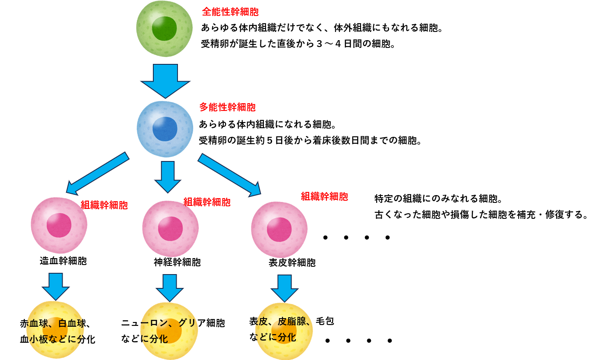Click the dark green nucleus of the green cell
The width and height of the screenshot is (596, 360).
[x=165, y=28]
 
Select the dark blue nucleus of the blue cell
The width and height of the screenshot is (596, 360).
[x=165, y=129]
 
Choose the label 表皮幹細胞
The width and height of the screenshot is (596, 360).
[x=292, y=262]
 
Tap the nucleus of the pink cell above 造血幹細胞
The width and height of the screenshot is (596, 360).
[x=59, y=225]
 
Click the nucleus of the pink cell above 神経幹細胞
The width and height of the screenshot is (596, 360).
[x=170, y=228]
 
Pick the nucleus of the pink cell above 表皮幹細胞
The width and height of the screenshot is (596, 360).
[x=279, y=229]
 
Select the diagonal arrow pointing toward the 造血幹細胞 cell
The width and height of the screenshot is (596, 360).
[x=97, y=173]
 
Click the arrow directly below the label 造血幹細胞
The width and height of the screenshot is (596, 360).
[x=56, y=286]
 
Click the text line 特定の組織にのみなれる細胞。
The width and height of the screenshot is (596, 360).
[x=438, y=199]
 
